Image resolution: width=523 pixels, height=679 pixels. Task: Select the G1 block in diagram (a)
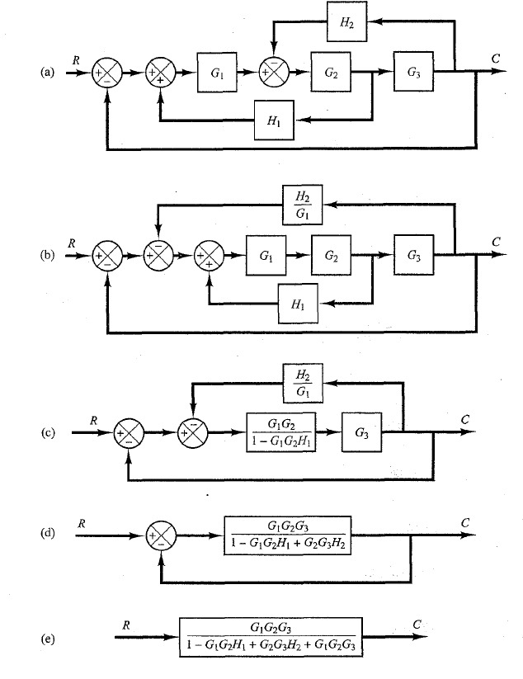(x=216, y=73)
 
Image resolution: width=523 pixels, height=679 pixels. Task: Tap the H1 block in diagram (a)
(x=274, y=120)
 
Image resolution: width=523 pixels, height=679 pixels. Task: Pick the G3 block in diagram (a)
(x=414, y=73)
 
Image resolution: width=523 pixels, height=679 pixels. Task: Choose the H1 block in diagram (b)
(x=299, y=303)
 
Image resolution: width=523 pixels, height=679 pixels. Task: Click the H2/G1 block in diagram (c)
(x=299, y=382)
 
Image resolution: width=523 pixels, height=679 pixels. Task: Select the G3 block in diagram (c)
(x=361, y=431)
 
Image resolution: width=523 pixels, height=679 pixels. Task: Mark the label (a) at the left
(x=47, y=73)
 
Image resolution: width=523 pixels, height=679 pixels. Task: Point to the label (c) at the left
(x=47, y=432)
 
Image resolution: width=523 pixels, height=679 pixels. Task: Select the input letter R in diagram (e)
(x=125, y=625)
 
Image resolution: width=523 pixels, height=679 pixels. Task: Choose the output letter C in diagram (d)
(x=466, y=522)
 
